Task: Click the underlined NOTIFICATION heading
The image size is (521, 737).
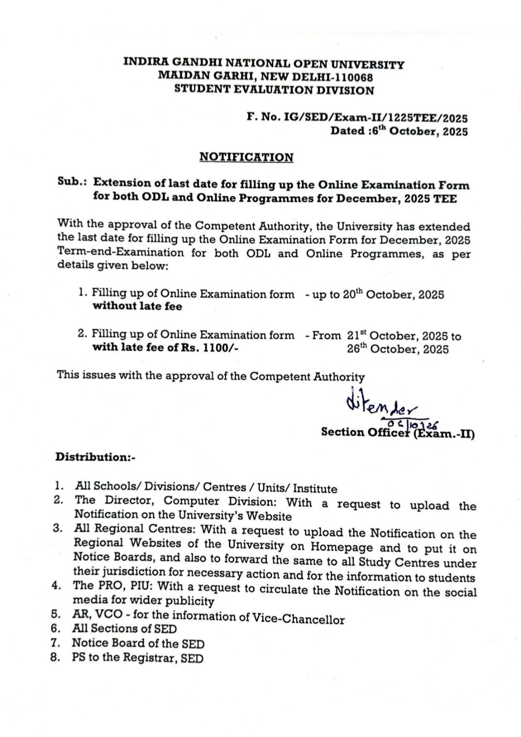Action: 246,157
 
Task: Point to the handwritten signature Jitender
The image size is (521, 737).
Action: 380,406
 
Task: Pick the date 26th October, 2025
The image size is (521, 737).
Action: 398,349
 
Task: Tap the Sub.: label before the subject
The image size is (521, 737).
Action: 73,181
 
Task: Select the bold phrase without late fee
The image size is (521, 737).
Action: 137,306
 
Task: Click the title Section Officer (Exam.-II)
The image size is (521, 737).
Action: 398,433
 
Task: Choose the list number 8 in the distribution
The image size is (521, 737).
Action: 55,657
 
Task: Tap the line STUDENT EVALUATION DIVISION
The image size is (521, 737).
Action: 274,90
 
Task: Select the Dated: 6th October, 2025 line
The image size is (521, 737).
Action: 399,131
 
